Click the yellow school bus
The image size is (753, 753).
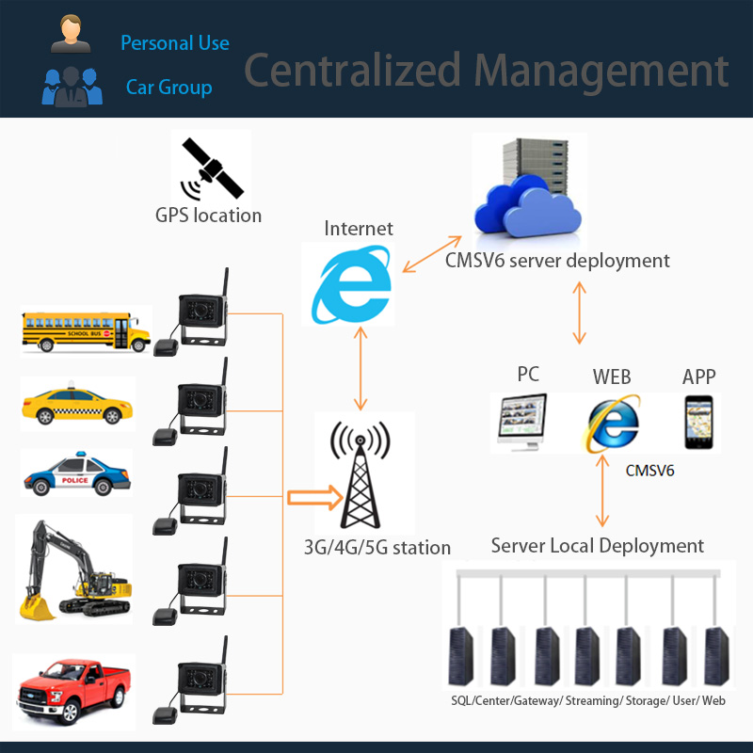(x=87, y=331)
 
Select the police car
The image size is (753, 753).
(x=77, y=474)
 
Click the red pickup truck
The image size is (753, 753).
(x=73, y=692)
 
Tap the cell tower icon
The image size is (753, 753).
(x=360, y=474)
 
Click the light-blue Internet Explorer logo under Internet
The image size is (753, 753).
(x=351, y=284)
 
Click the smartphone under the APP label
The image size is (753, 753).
(x=698, y=422)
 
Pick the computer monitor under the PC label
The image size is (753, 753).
(x=522, y=422)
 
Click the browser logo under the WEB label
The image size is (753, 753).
(x=612, y=423)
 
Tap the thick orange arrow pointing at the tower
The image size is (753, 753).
(x=315, y=498)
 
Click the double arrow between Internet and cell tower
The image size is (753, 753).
(x=360, y=368)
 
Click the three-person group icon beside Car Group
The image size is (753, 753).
(x=72, y=87)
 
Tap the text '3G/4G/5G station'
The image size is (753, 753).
(x=377, y=548)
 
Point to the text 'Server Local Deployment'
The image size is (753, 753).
(x=598, y=546)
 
